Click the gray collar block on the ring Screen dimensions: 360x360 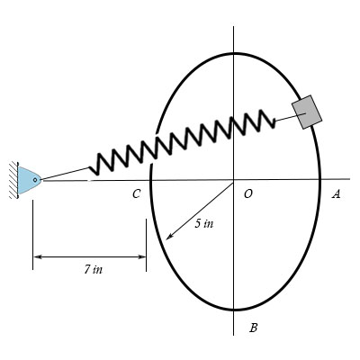307,111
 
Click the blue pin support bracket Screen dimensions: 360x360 29,180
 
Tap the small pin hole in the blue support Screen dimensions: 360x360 34,180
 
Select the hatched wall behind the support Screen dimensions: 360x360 15,179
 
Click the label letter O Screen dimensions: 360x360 247,193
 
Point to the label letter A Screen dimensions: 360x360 336,193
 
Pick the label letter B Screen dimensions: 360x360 253,328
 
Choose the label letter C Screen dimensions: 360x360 136,193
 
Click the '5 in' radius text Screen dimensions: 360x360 203,223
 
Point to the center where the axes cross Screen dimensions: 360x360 233,179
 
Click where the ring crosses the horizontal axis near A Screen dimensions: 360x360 320,179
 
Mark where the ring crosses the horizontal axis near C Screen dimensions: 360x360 148,179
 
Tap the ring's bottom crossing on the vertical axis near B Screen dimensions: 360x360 233,310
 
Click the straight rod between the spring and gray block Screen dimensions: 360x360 283,118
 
